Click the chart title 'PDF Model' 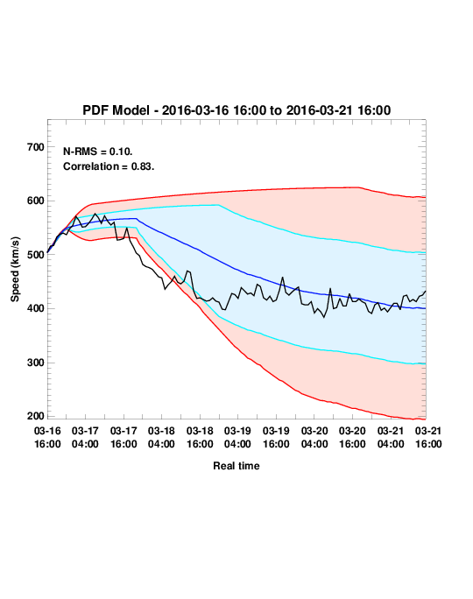coord(116,110)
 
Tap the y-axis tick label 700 coord(36,147)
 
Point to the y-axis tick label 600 coord(36,201)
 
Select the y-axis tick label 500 coord(36,255)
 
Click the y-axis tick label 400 coord(36,308)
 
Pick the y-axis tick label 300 coord(36,363)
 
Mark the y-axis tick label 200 coord(36,416)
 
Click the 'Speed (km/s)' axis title coord(15,270)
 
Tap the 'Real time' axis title coord(236,466)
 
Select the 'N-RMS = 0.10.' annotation coord(98,152)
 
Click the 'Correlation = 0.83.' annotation coord(109,166)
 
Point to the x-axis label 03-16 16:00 coord(47,437)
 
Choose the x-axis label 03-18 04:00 coord(161,437)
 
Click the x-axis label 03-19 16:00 coord(276,437)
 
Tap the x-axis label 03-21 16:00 coord(428,437)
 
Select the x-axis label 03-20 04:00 coord(314,437)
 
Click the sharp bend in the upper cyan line coord(219,205)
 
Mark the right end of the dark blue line coord(425,308)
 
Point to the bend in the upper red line coord(359,187)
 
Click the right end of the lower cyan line coord(425,363)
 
